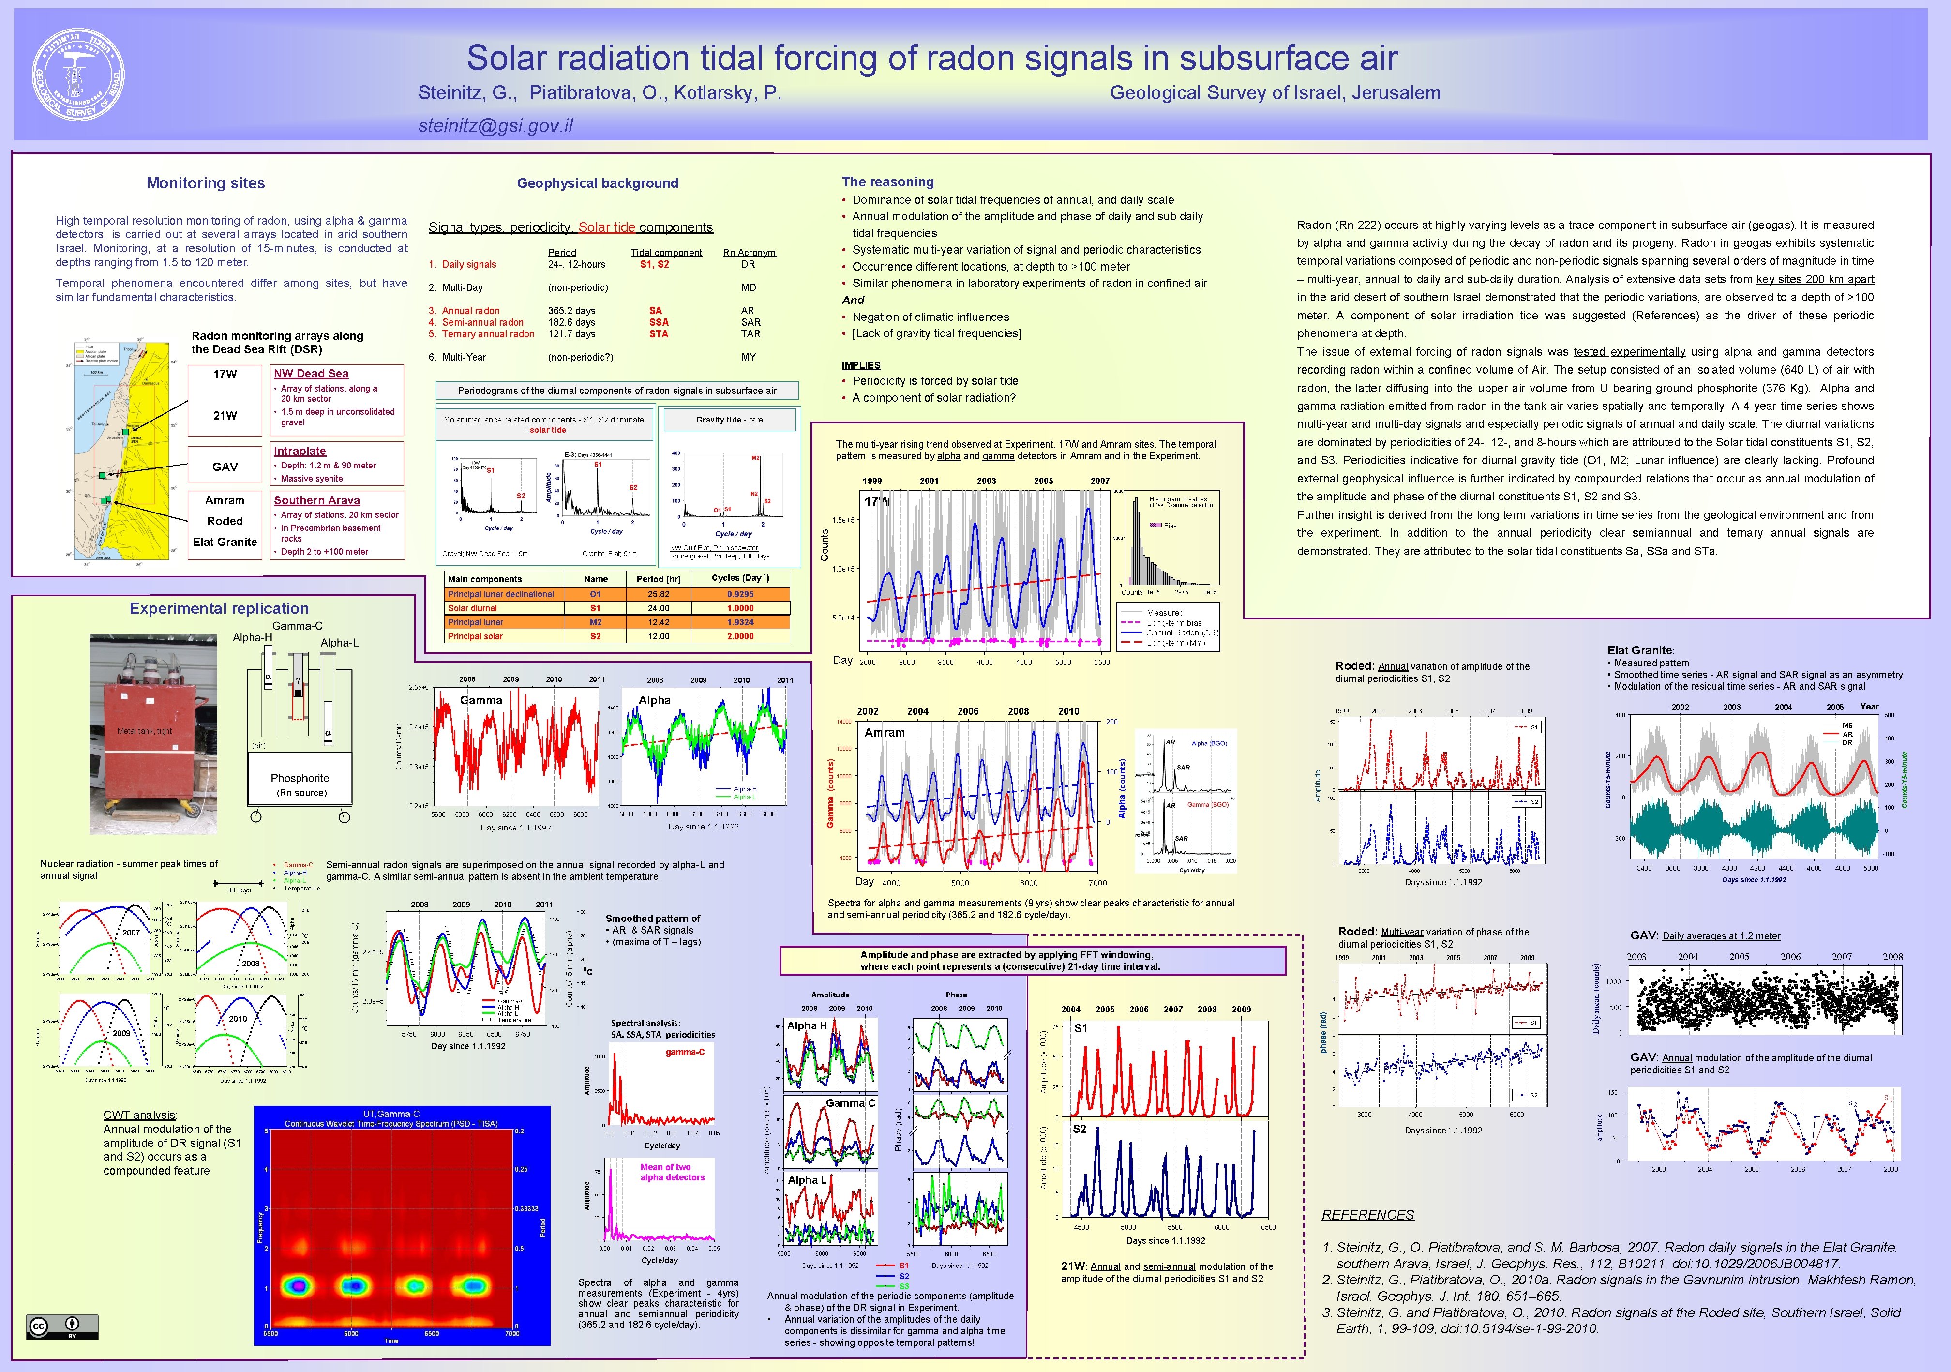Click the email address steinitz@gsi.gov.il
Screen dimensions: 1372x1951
(495, 126)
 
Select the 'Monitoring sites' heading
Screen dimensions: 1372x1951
(206, 183)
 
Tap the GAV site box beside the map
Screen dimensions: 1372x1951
(225, 467)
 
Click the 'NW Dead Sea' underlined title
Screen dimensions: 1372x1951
(311, 373)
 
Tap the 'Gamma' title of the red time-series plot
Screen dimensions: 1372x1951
(481, 700)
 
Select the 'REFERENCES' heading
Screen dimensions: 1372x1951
(1367, 1215)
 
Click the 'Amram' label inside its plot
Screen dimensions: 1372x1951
(885, 732)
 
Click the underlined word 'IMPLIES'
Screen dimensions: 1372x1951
(861, 365)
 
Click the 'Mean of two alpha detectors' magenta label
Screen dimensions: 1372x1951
(672, 1172)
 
